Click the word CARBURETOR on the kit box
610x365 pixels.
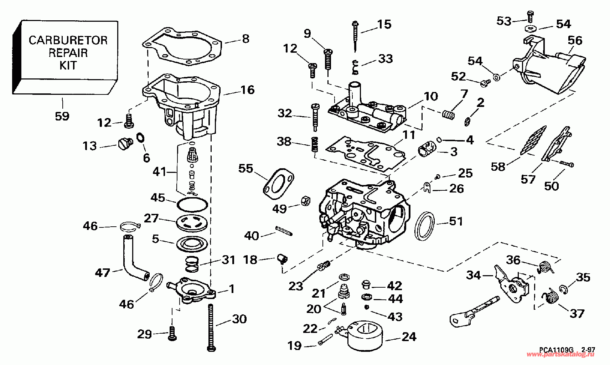coord(68,40)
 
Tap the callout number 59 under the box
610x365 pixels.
coord(62,116)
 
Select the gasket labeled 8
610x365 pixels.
coord(182,46)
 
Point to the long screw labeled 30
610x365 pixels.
coord(211,328)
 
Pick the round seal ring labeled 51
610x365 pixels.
coord(424,226)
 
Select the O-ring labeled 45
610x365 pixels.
coord(192,204)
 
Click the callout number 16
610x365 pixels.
coord(247,90)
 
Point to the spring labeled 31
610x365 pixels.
coord(192,264)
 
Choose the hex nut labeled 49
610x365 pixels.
coord(306,201)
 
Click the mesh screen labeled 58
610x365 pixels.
coord(533,140)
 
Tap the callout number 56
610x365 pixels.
coord(575,41)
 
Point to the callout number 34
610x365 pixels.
coord(473,276)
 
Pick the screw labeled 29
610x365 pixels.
coord(172,333)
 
